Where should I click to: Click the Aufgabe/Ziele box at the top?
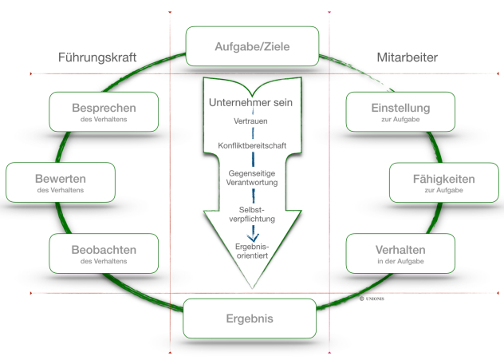pyautogui.click(x=252, y=46)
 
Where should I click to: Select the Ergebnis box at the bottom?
pyautogui.click(x=251, y=318)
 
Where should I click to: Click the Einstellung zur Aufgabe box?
pyautogui.click(x=400, y=112)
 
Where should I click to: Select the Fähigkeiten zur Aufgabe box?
pyautogui.click(x=444, y=183)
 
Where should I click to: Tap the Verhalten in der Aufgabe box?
pyautogui.click(x=400, y=254)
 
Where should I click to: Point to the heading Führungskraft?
pyautogui.click(x=97, y=57)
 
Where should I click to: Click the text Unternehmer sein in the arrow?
pyautogui.click(x=251, y=103)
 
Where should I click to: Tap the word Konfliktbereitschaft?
pyautogui.click(x=252, y=145)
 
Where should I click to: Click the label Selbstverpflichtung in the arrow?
pyautogui.click(x=252, y=213)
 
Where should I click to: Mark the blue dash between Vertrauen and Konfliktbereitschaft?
pyautogui.click(x=252, y=133)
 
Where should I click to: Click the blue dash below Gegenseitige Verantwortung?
pyautogui.click(x=253, y=194)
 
